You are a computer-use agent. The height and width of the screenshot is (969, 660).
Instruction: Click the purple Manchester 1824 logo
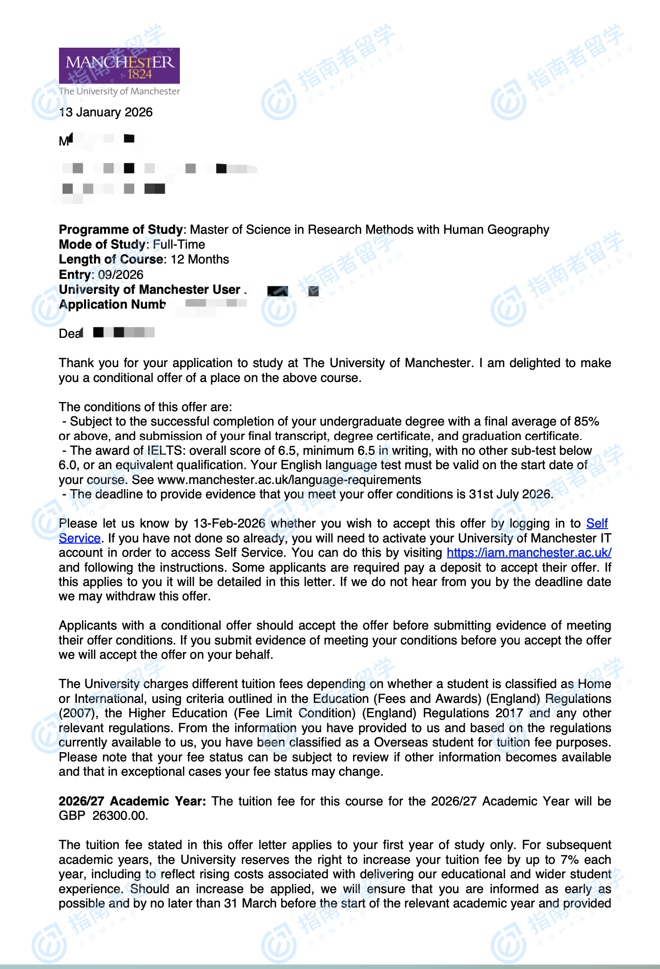119,66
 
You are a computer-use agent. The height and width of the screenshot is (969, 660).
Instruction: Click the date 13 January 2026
106,112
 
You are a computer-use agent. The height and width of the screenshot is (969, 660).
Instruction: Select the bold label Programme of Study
120,230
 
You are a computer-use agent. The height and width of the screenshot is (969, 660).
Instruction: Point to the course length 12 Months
200,259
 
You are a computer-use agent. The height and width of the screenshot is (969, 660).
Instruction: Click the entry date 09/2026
120,274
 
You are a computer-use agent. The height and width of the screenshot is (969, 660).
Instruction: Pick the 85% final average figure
586,421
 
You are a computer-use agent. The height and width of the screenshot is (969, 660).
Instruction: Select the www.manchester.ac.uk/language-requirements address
289,480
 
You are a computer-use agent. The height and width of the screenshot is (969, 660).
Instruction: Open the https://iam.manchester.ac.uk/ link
529,553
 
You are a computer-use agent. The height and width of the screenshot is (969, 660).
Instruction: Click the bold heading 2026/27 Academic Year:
132,801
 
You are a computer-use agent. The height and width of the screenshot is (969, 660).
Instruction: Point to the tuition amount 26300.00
120,816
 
